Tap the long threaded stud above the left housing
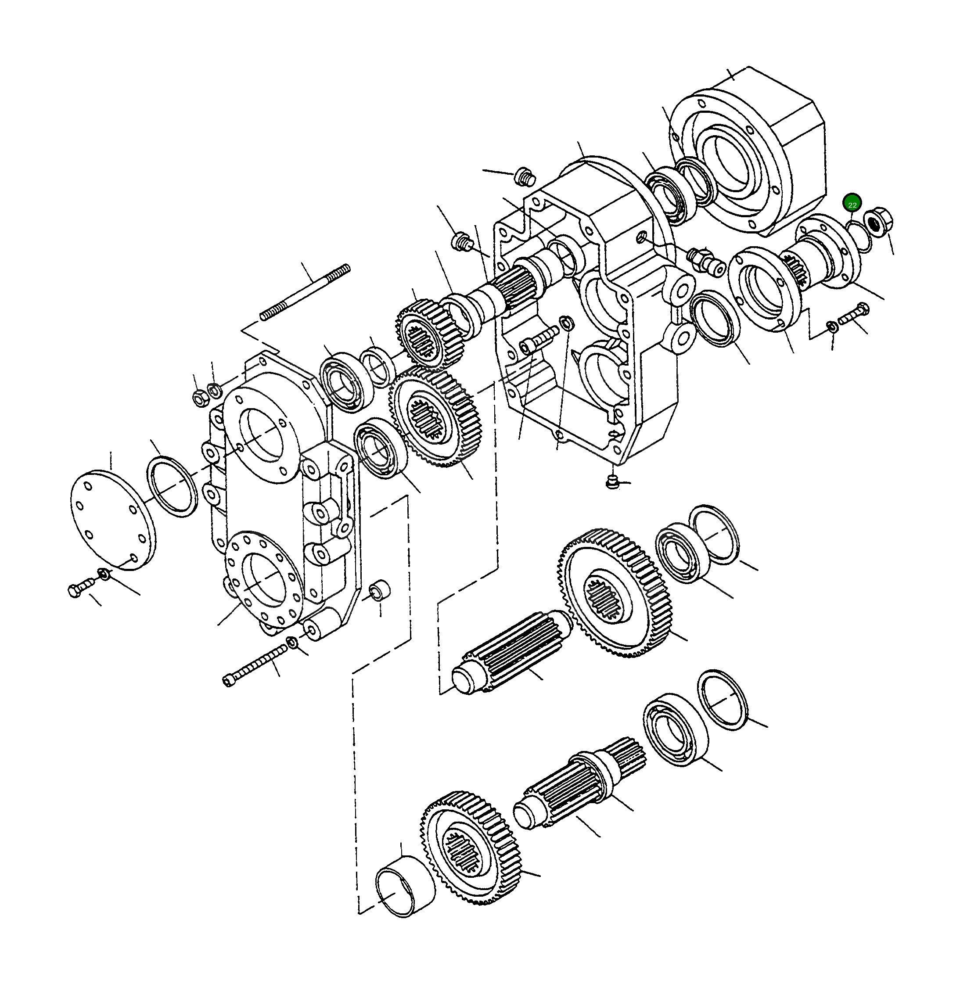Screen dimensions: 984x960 [305, 292]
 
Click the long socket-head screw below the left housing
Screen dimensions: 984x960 [255, 666]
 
